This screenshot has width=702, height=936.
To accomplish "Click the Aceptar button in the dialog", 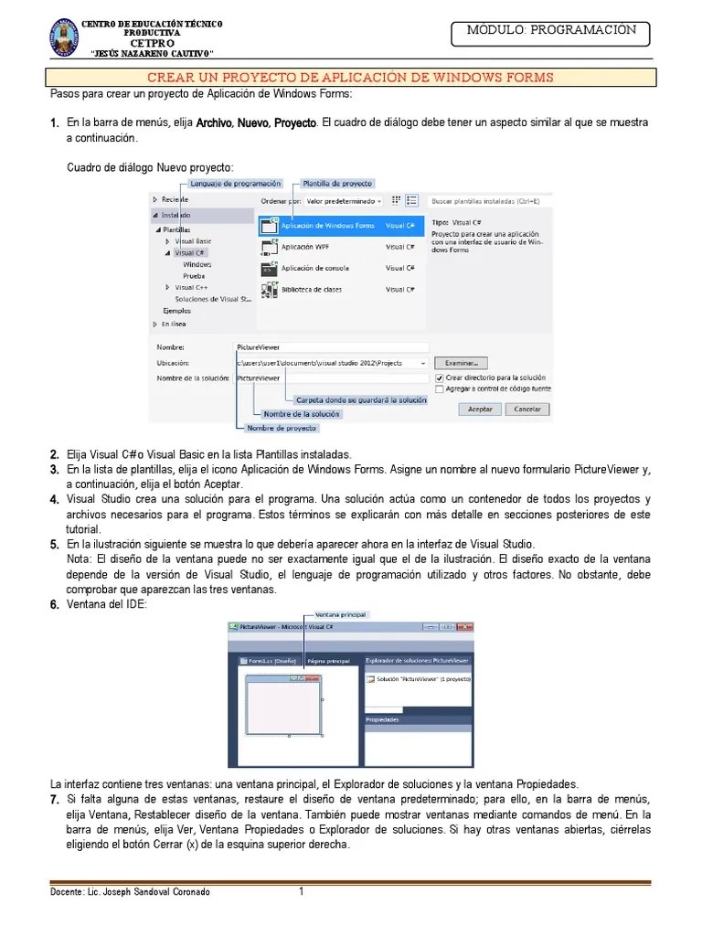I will click(480, 409).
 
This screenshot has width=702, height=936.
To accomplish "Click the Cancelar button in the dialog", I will click(526, 409).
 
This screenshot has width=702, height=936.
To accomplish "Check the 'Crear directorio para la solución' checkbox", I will click(439, 377).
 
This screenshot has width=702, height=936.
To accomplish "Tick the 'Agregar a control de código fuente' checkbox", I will click(439, 388).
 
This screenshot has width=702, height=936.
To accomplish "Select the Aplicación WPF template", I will click(305, 247).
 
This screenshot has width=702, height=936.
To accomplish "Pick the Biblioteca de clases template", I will click(311, 290).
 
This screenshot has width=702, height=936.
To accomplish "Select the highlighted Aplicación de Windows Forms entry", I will click(327, 225).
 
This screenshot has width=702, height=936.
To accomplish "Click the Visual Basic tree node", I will click(193, 241).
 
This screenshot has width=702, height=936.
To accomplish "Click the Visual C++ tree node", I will click(190, 287).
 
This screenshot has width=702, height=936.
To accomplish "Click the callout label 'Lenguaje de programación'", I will click(237, 183).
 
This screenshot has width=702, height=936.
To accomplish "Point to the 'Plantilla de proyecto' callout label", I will click(337, 183).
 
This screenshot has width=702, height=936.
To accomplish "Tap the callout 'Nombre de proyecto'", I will click(282, 428).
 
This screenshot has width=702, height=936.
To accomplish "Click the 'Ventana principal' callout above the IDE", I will click(341, 614).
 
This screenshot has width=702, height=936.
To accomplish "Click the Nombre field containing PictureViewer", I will click(331, 347).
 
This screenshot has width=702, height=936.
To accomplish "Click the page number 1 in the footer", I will click(301, 891).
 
